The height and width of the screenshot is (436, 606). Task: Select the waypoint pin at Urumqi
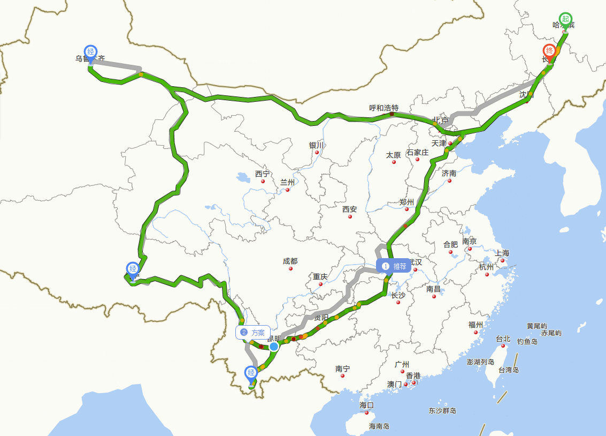91,52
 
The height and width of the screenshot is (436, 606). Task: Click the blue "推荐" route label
394,266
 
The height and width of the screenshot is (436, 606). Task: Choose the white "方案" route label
252,333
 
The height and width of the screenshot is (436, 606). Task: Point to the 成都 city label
290,261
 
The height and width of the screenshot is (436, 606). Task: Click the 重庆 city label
320,277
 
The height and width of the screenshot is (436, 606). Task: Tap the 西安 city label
349,209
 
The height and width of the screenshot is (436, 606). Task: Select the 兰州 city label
287,182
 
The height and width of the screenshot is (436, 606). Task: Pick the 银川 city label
316,145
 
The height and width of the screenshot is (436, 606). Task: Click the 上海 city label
502,253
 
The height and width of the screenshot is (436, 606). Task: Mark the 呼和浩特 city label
384,108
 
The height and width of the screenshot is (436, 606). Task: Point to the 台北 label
503,339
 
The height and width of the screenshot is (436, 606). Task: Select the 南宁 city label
343,369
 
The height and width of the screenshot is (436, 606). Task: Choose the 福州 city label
475,325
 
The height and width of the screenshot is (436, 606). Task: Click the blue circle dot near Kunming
274,347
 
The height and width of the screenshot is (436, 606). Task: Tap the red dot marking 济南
449,181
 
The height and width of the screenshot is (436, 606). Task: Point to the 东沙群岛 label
442,411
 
